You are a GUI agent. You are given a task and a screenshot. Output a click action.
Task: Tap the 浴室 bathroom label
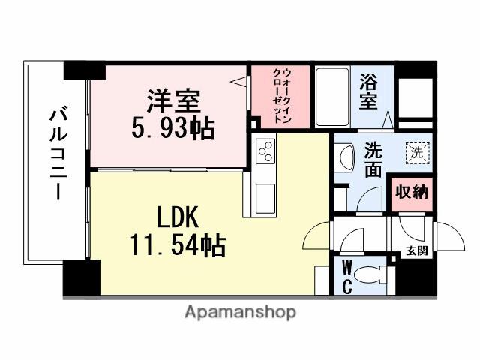(368, 92)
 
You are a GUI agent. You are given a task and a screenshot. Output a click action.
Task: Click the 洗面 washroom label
(373, 160)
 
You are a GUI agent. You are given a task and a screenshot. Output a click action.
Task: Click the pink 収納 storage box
(411, 192)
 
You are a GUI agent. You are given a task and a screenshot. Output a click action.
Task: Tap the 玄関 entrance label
(418, 251)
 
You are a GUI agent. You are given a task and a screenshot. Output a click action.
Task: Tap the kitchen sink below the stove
(265, 197)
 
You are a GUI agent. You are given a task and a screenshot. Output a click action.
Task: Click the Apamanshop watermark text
(239, 311)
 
